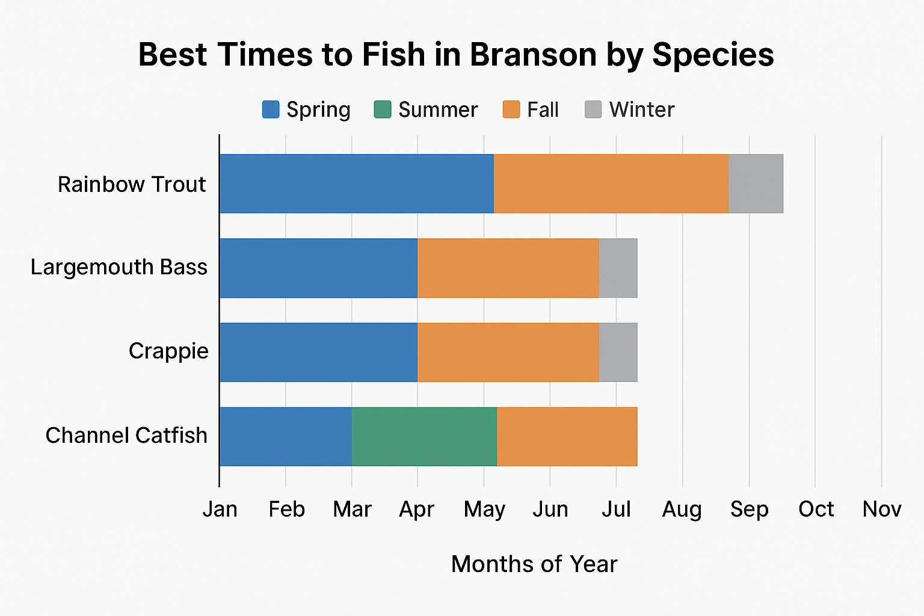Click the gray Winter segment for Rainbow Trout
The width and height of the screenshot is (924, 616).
click(x=756, y=183)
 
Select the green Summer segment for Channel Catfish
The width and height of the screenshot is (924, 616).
click(x=424, y=436)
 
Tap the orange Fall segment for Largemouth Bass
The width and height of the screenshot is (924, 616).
click(x=508, y=268)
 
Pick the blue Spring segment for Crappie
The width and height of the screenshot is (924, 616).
click(x=318, y=352)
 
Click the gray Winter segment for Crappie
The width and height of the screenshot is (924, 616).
click(x=618, y=352)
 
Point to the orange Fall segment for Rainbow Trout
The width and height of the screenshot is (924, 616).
click(x=611, y=183)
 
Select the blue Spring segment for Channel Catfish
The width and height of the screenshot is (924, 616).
click(x=286, y=436)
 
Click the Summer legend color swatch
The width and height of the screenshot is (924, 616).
click(x=383, y=109)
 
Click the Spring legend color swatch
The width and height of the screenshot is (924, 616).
click(x=271, y=109)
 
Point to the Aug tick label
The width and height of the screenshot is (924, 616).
click(x=682, y=510)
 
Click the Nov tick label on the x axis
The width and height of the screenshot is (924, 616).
click(x=881, y=510)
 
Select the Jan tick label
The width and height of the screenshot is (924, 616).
click(x=220, y=510)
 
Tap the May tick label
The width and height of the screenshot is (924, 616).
click(x=484, y=510)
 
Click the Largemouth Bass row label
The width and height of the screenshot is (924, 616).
click(x=119, y=267)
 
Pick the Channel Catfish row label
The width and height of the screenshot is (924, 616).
click(x=126, y=436)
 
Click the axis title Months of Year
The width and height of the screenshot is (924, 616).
click(x=534, y=564)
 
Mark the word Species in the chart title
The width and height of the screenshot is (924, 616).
click(x=713, y=56)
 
